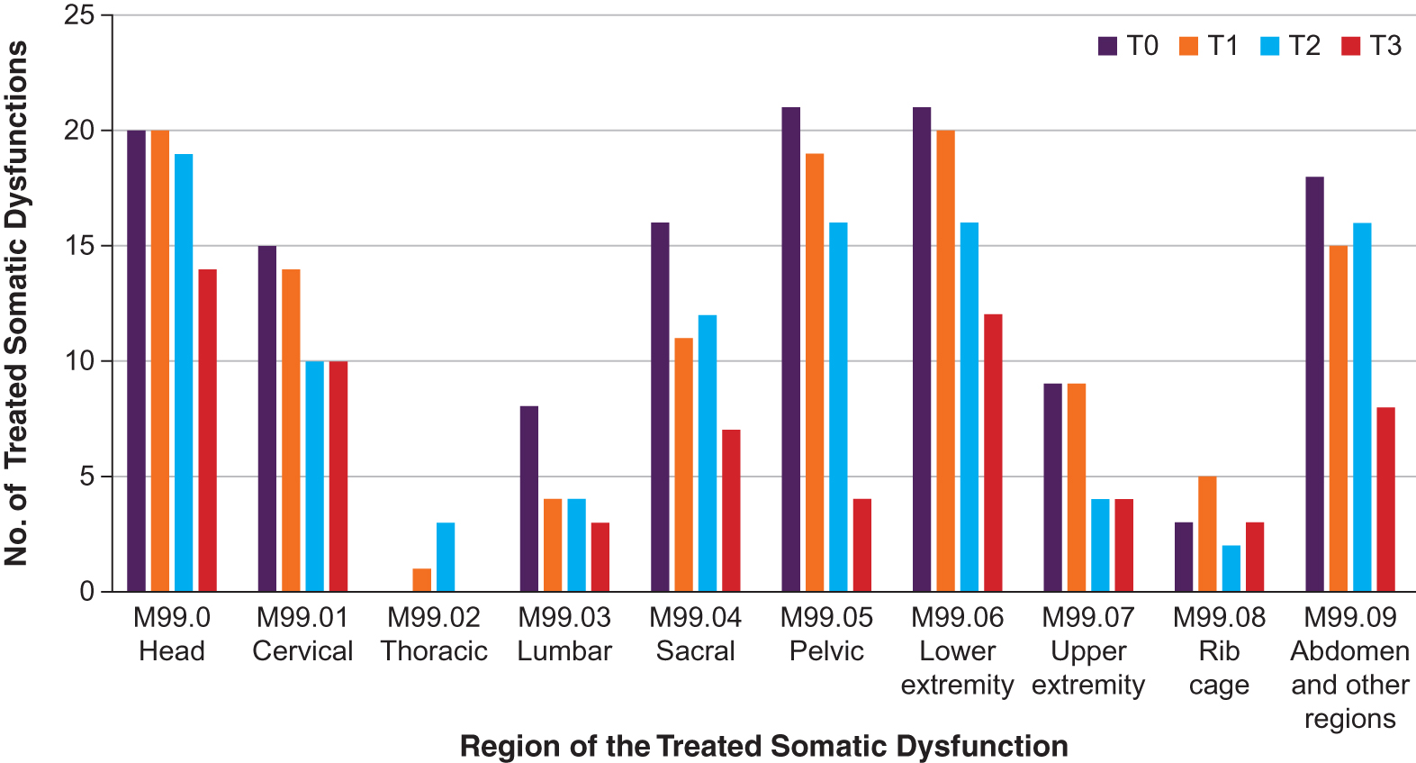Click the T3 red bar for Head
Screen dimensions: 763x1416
[207, 431]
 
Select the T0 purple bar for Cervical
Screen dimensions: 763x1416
[267, 419]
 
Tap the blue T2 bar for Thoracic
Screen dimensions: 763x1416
[446, 557]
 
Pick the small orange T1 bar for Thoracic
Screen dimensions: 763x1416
[422, 580]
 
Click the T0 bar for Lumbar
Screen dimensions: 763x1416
[529, 499]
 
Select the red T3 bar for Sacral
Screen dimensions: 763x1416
[731, 511]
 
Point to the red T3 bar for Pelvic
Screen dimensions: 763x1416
[862, 545]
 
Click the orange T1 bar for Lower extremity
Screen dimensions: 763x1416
[945, 360]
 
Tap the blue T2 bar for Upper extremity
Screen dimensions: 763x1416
[1100, 545]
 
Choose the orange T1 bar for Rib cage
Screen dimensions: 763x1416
[1207, 533]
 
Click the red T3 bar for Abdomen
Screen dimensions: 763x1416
[1385, 499]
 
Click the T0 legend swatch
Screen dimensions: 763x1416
[1108, 46]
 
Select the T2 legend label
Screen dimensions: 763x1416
[1303, 46]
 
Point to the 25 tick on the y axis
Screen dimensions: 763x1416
[79, 15]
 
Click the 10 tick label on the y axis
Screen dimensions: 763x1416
[79, 361]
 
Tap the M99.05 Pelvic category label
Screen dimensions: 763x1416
[826, 634]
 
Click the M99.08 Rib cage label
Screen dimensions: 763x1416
[1219, 650]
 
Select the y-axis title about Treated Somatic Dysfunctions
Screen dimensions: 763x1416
[16, 304]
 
